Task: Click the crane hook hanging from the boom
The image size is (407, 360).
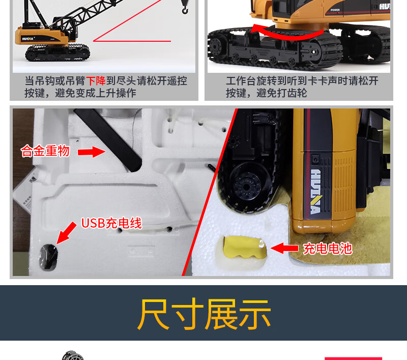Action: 185,9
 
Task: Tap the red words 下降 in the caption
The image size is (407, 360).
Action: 96,81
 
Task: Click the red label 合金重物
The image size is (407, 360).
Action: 45,151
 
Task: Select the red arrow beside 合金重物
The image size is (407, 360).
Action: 92,152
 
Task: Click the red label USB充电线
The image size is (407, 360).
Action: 111,223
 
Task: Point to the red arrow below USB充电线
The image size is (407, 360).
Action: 67,233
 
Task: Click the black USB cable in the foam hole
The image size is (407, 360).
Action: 48,257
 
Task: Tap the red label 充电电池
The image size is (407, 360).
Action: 328,248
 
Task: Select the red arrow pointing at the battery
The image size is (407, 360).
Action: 284,248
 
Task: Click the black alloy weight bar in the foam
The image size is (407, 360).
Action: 108,140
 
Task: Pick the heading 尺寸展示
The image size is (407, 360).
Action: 204,314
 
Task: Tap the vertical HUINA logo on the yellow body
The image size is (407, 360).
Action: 315,191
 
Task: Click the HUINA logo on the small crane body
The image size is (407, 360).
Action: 27,39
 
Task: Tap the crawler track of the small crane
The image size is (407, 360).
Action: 57,53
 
